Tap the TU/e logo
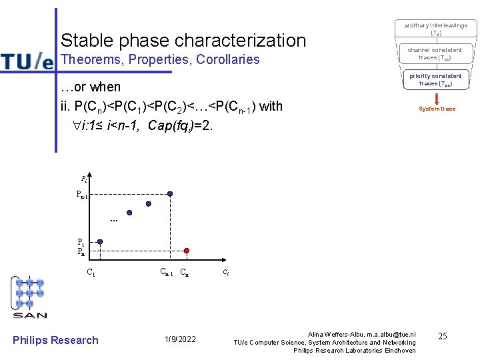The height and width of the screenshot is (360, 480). pos(27,61)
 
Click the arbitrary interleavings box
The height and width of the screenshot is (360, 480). pos(436,29)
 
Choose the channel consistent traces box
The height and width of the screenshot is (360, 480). pos(436,54)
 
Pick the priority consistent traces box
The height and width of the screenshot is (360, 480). pos(436,80)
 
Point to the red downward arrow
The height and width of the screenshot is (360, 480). pos(437,97)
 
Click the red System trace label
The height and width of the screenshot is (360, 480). pos(437,109)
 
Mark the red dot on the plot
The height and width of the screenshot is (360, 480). pos(187,251)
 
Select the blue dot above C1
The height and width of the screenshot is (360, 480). pos(100,242)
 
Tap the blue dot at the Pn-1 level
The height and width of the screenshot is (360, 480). pos(170,194)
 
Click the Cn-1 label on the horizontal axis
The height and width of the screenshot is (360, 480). pos(166,272)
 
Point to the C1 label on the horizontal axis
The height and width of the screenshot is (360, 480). pos(91,272)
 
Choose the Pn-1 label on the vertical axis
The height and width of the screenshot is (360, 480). pos(81,195)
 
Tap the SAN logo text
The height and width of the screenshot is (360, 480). pos(30,314)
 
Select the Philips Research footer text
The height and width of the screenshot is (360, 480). pos(55,340)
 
